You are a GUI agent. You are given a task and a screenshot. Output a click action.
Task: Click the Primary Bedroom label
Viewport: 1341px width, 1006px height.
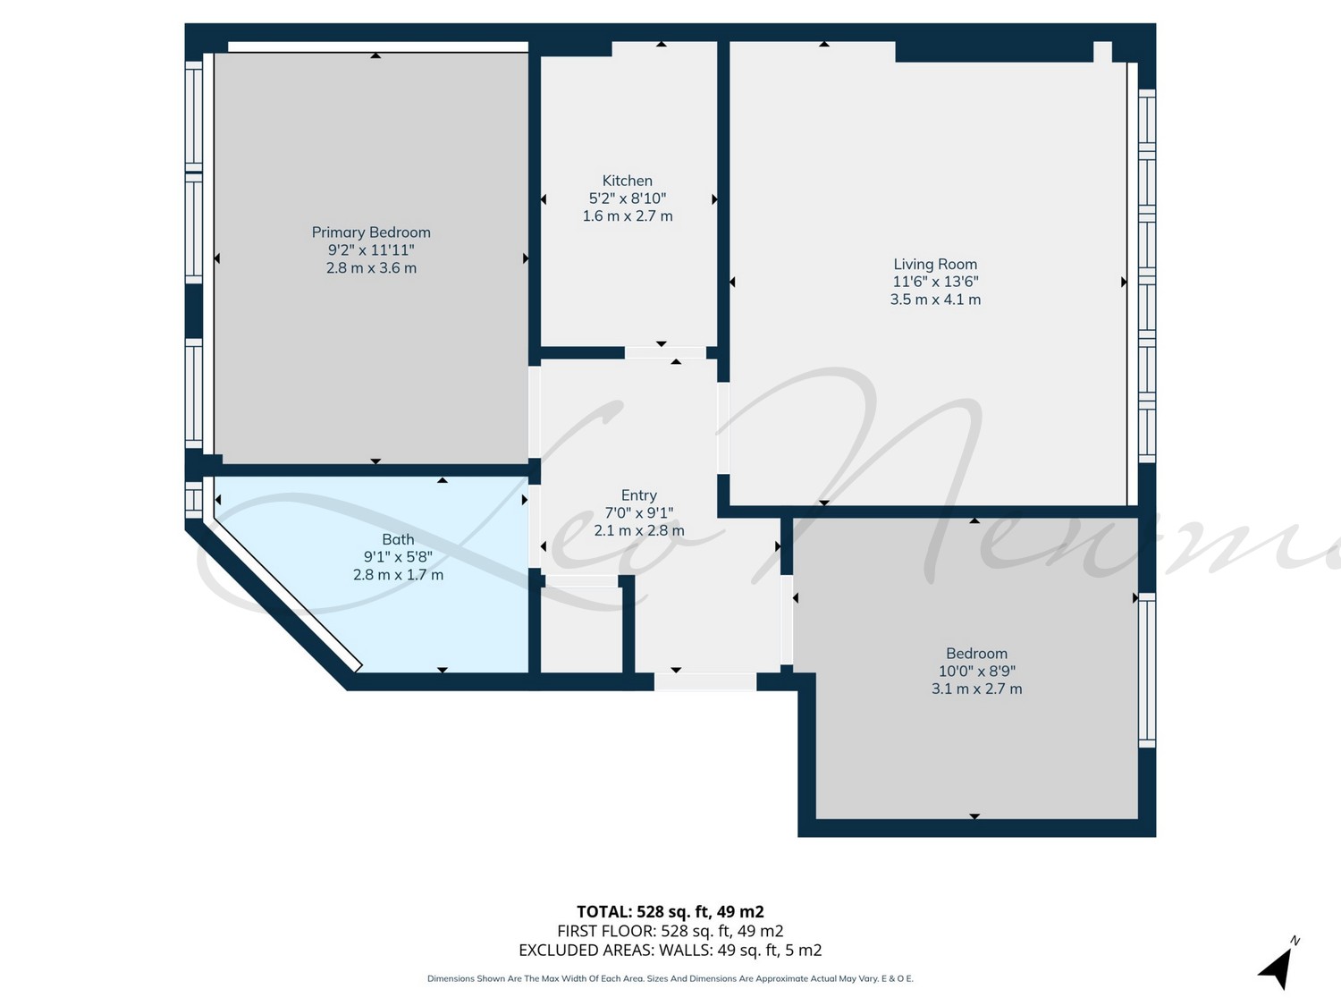pos(371,232)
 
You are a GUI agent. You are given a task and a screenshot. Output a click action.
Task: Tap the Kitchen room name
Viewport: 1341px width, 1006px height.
pos(628,181)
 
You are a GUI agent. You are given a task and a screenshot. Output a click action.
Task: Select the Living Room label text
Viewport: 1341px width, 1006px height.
pos(935,264)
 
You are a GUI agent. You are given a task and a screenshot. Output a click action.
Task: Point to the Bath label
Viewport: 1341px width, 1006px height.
pos(399,539)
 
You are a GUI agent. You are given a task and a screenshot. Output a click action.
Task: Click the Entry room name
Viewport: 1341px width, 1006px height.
pos(639,495)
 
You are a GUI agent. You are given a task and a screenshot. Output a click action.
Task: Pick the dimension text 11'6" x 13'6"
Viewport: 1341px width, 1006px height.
pos(935,282)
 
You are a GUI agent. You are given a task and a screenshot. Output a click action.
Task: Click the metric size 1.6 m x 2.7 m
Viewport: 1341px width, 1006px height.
pos(628,216)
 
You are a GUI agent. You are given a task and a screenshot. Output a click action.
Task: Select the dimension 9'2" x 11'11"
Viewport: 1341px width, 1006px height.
pos(371,249)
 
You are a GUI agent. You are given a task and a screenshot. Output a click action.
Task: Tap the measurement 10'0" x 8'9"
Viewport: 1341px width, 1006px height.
pos(977,671)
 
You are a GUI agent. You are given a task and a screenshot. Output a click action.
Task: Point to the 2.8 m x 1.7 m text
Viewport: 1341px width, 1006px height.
pos(399,575)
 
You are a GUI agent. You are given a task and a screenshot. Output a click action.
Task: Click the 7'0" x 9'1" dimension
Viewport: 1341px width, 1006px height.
pos(639,513)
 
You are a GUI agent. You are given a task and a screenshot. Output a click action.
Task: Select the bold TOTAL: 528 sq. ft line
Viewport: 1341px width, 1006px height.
pos(670,912)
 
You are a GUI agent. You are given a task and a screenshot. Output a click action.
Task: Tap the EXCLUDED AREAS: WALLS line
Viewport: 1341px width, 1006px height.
pos(670,951)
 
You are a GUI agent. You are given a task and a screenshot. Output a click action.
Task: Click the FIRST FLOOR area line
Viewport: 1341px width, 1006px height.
pos(670,931)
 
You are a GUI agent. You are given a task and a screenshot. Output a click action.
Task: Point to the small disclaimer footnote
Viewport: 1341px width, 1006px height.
pos(670,978)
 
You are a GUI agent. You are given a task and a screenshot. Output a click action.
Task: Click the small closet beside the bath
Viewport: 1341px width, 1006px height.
pos(582,630)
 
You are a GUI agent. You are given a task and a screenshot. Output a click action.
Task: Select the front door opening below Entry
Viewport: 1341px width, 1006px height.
pos(705,681)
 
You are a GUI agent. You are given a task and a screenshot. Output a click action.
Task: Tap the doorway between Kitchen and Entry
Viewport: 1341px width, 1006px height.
pos(665,353)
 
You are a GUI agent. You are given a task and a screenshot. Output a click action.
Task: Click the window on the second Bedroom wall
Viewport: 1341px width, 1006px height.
pos(1147,670)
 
